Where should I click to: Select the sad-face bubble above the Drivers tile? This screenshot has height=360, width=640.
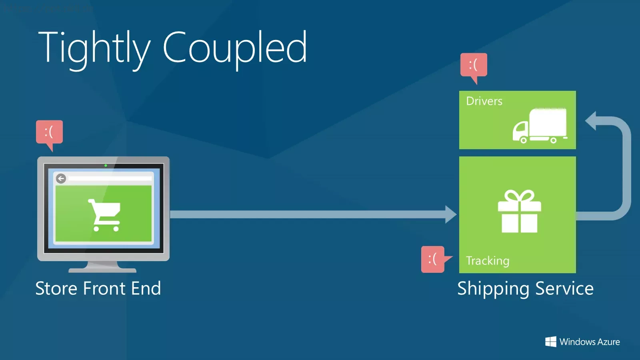click(474, 67)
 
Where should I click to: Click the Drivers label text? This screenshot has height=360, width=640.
click(484, 101)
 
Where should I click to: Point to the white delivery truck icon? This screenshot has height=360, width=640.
click(540, 126)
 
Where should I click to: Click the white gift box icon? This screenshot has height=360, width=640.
click(520, 212)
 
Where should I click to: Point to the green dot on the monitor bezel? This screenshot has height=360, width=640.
click(106, 166)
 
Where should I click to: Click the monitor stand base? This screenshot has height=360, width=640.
click(103, 270)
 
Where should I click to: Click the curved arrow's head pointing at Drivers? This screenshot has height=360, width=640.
click(590, 120)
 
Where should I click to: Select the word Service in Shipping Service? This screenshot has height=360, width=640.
click(564, 288)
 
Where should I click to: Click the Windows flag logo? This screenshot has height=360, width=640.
click(550, 342)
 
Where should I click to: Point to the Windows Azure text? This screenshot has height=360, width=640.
click(590, 342)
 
